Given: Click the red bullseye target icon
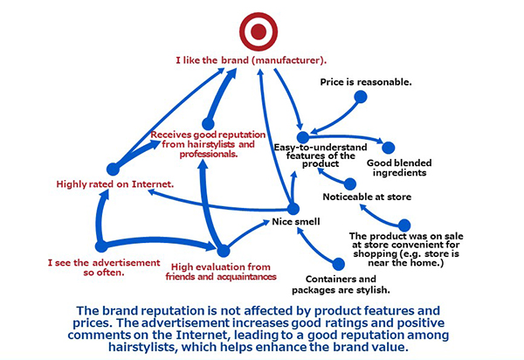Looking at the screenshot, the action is pos(259,31).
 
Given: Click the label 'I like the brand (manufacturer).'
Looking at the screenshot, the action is pos(252,60).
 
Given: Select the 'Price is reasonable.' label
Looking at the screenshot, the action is pos(366,82).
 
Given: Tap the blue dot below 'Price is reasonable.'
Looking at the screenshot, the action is pos(360,97).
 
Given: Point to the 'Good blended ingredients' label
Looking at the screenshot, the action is pos(399,168).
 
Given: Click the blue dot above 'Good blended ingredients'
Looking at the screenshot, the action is pos(389,148).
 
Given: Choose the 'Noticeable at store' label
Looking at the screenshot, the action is pos(367,197).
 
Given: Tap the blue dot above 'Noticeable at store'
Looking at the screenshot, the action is pos(350,183).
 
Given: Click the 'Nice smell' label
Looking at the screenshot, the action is pos(296,222).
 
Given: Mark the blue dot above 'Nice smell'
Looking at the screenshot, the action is pos(293,209).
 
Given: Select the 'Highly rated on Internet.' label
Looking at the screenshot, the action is pos(115,184).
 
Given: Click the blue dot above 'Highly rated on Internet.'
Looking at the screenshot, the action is pos(113,170).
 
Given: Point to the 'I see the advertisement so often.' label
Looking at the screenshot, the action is pos(104,267).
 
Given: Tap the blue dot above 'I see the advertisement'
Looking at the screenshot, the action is pos(101,246).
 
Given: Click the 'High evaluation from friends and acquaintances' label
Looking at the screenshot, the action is pos(221,272).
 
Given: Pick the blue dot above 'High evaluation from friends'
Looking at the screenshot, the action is pos(224,251).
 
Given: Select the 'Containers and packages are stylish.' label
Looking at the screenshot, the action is pos(341,285).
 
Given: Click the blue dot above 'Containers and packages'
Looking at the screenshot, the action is pos(338,264).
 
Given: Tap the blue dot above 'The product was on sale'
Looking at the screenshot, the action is pos(404,225).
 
